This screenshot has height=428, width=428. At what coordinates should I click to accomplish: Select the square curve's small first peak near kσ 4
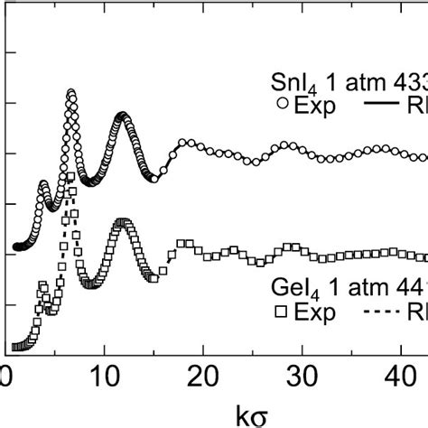click(x=43, y=285)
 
